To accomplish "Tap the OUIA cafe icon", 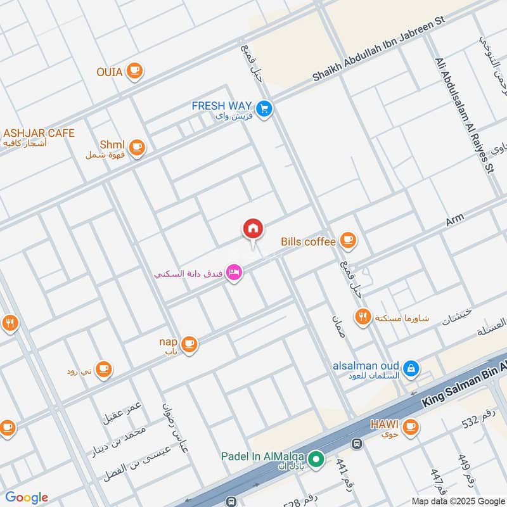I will click(134, 72).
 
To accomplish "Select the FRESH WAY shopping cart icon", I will click(265, 109).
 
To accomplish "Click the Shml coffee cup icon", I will click(138, 148).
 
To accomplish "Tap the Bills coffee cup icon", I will click(347, 240).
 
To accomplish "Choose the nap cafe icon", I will click(189, 344).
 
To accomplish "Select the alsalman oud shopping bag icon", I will click(411, 368).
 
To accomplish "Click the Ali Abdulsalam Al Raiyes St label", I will click(463, 114).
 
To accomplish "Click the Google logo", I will click(27, 497).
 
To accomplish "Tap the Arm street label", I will click(454, 220).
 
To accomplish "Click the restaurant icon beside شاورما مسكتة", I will click(363, 317).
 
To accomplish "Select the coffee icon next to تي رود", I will click(103, 369).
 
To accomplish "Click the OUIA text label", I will click(109, 72).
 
